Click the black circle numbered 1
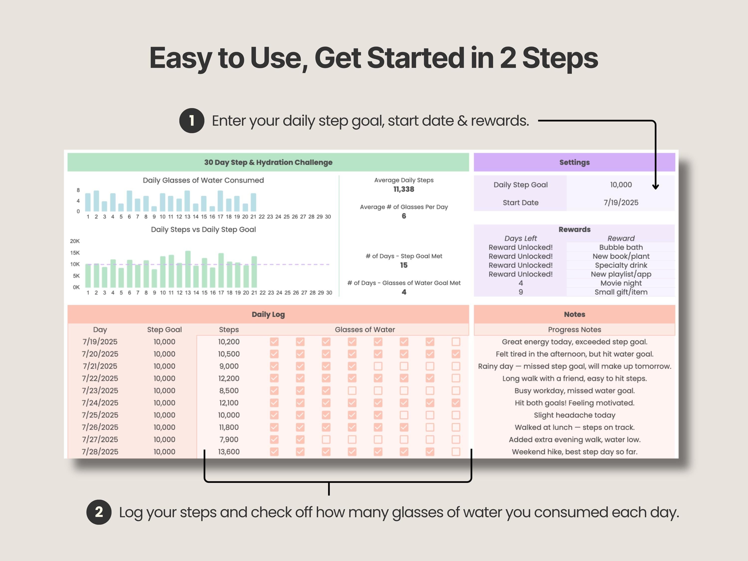192,121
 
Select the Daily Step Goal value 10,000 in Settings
621,185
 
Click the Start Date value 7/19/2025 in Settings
621,202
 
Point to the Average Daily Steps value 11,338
404,189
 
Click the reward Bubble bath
621,247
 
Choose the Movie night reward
621,283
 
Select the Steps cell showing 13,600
229,452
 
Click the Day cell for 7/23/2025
100,390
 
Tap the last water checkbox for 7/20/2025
456,354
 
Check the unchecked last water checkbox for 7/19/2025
456,342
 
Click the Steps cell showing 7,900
229,439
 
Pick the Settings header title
574,162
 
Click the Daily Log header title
268,314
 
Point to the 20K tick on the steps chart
75,241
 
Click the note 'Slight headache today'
574,415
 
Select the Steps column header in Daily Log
229,329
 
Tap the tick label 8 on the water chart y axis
78,190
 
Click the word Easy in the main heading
181,58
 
